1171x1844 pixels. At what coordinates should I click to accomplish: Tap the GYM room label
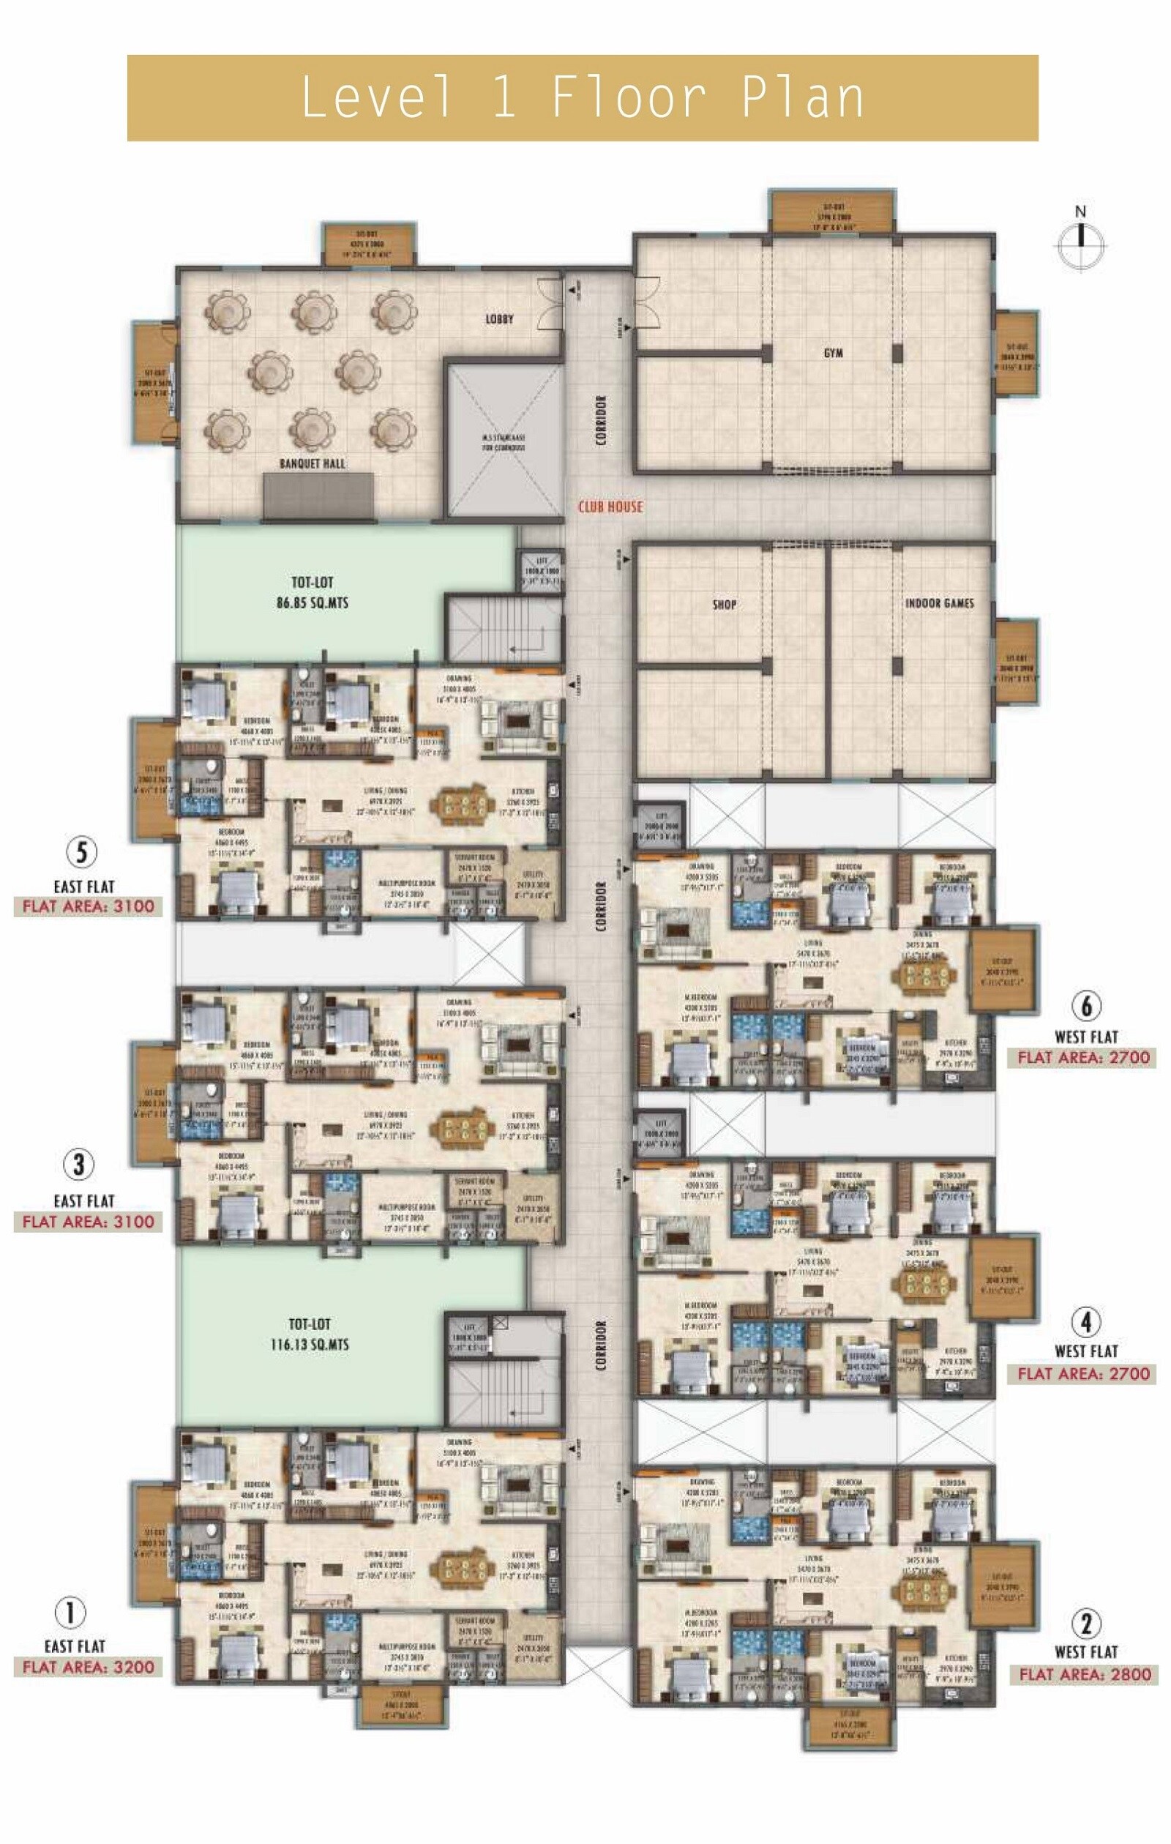click(834, 353)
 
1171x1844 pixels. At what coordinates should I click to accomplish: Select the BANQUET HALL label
click(312, 463)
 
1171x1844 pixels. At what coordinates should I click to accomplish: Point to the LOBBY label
click(499, 318)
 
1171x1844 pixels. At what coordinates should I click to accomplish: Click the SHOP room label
click(725, 604)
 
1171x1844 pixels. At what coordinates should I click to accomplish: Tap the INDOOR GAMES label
click(939, 603)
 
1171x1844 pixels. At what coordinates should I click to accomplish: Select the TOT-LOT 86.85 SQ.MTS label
click(312, 592)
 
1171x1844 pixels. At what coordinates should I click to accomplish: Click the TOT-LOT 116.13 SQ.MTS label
click(310, 1334)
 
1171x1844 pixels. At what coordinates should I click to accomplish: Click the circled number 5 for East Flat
click(81, 852)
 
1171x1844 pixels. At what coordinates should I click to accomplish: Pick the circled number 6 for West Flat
click(1086, 1006)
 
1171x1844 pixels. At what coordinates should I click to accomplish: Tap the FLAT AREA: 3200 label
click(88, 1666)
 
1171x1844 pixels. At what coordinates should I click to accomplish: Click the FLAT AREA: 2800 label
click(1085, 1674)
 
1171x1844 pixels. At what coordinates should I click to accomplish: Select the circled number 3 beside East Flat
click(78, 1165)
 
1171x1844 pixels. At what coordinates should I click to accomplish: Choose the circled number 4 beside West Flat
click(1086, 1321)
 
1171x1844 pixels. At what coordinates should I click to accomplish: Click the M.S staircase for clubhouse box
click(504, 442)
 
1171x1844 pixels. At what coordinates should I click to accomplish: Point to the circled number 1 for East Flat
click(70, 1613)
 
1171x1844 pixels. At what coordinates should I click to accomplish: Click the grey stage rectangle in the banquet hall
click(318, 496)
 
